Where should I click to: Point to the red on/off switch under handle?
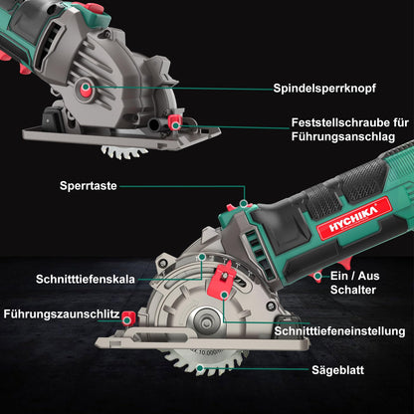pyautogui.click(x=317, y=277)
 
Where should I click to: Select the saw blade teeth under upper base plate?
pyautogui.click(x=124, y=149)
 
